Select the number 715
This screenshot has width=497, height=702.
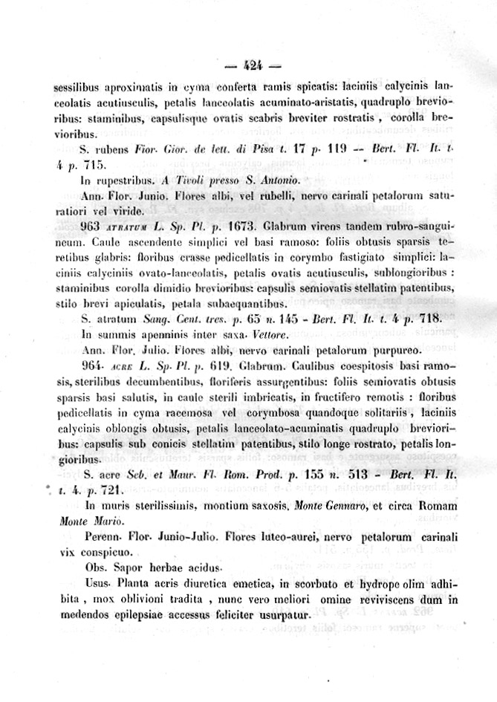tap(94, 164)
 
